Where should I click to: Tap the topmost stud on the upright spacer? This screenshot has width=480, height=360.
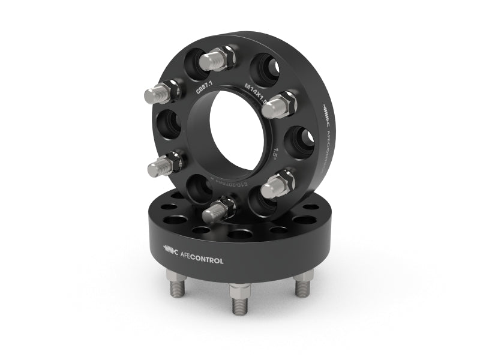pyautogui.click(x=216, y=59)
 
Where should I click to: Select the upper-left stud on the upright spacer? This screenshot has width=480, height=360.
pyautogui.click(x=158, y=94)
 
